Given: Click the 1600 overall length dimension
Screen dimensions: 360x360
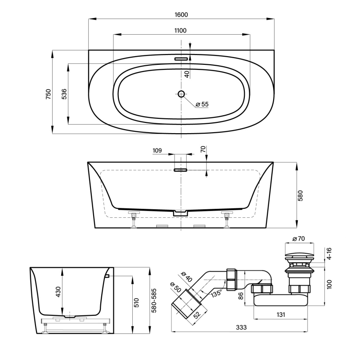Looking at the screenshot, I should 181,14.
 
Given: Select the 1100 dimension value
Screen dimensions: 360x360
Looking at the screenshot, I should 181,30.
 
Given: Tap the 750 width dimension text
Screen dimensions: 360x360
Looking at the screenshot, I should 48,94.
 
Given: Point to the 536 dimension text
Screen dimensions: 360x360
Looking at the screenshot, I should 64,94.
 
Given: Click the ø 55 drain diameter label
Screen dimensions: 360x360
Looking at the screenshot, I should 202,104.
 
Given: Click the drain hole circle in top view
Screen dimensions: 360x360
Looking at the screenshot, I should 181,94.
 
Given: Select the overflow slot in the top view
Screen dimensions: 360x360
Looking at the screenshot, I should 181,58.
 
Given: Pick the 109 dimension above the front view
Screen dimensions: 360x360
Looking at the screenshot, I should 157,151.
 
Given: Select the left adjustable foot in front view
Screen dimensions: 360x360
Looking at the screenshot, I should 134,220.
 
